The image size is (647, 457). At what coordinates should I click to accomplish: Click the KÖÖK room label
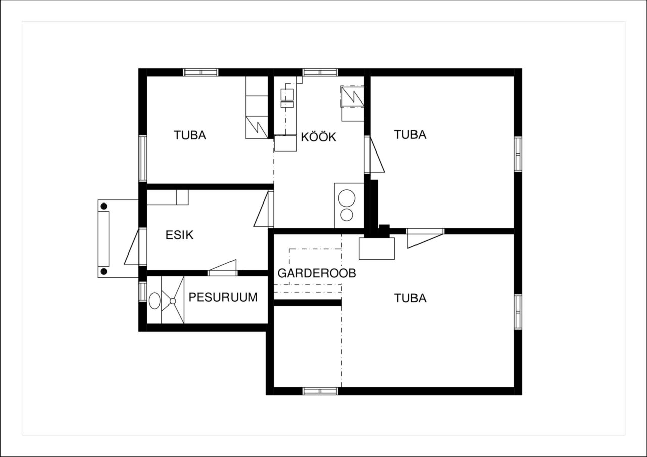[x=318, y=137]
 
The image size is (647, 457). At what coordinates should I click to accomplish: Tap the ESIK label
[x=179, y=235]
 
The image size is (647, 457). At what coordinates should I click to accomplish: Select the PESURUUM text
[x=223, y=297]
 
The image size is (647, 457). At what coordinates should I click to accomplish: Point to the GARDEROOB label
[x=316, y=273]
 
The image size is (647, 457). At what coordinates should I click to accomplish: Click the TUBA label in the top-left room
[x=190, y=135]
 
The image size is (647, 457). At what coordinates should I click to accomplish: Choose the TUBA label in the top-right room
[x=410, y=135]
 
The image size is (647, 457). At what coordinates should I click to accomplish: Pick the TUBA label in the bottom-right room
[x=410, y=298]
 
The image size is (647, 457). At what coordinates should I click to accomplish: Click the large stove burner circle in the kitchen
[x=347, y=198]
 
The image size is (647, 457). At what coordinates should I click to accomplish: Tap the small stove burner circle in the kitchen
[x=347, y=215]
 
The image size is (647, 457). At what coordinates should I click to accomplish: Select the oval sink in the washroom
[x=155, y=301]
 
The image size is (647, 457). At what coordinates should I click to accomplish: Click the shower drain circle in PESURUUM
[x=173, y=301]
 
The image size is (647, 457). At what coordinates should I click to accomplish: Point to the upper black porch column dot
[x=104, y=206]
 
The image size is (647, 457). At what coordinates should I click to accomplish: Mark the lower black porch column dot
[x=104, y=272]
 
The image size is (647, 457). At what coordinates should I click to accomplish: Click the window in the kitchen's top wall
[x=320, y=72]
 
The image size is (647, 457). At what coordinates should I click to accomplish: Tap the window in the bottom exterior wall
[x=320, y=391]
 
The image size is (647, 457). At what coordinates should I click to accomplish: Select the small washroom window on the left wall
[x=143, y=291]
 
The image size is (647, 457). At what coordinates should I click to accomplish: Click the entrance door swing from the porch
[x=132, y=246]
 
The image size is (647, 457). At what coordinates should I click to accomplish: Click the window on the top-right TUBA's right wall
[x=518, y=154]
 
